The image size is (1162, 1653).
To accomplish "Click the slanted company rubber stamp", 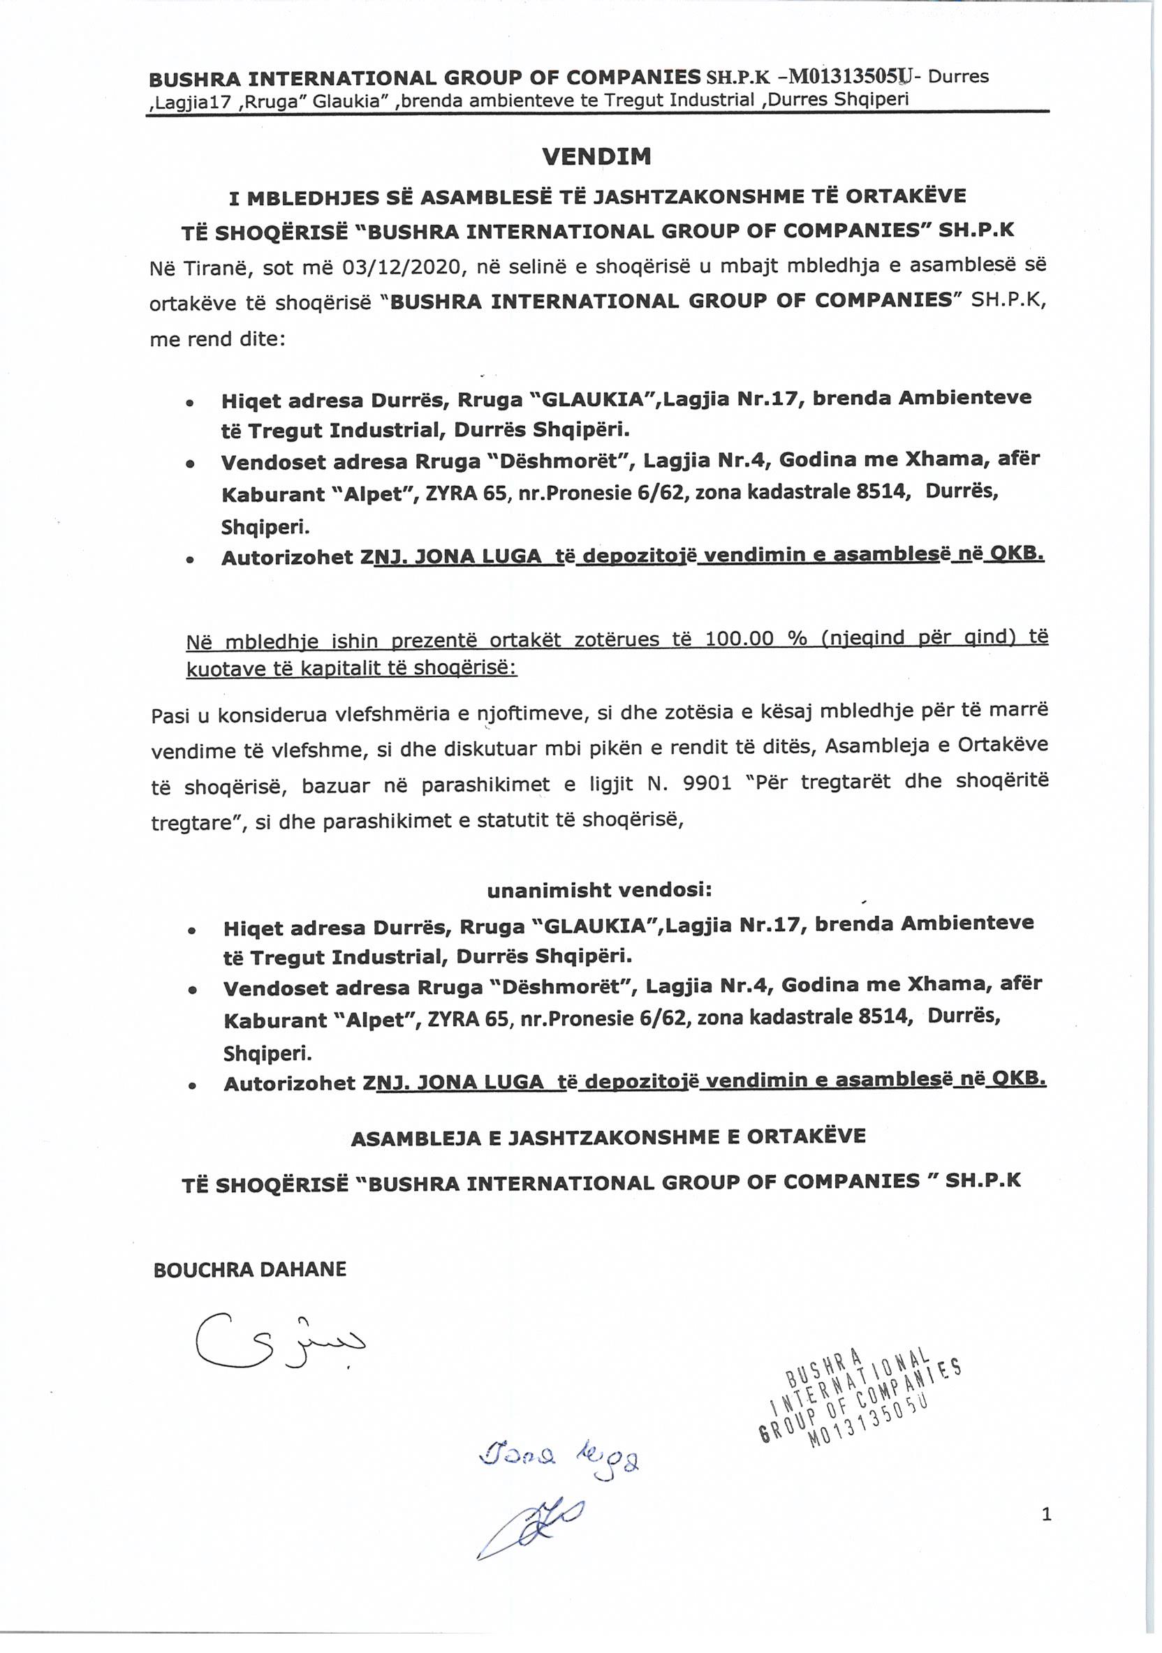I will pyautogui.click(x=861, y=1397).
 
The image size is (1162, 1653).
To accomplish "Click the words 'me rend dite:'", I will pyautogui.click(x=218, y=339).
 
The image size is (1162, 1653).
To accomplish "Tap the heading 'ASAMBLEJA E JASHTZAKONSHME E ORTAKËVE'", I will pyautogui.click(x=608, y=1138).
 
